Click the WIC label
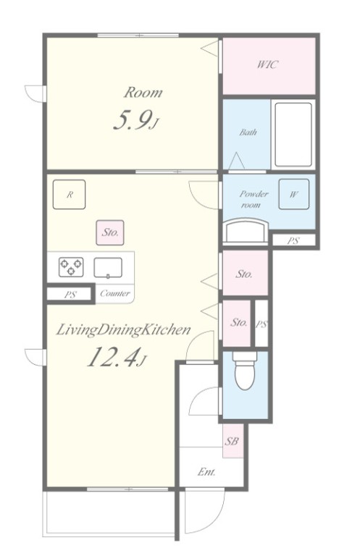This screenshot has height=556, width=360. [x=268, y=64]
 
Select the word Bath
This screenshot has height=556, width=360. [x=248, y=132]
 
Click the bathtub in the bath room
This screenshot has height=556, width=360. [x=293, y=135]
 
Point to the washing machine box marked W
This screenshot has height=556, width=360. [x=293, y=194]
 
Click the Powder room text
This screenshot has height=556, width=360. [x=254, y=199]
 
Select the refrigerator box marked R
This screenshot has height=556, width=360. [x=69, y=194]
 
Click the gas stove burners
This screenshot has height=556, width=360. [x=71, y=267]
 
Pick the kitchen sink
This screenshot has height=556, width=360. [x=108, y=267]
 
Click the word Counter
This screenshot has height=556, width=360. [x=115, y=293]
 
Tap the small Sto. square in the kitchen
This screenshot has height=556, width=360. [x=110, y=232]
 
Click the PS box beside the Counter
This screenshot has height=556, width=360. [x=70, y=294]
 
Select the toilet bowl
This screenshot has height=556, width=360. [x=245, y=370]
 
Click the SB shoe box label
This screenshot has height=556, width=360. [x=232, y=442]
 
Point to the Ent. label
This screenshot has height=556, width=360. [x=206, y=472]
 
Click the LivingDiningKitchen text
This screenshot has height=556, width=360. [x=123, y=330]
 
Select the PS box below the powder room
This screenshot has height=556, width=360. [x=293, y=241]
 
